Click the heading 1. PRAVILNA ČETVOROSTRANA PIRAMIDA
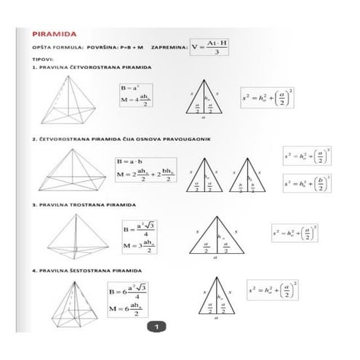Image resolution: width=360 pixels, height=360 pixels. point(91,67)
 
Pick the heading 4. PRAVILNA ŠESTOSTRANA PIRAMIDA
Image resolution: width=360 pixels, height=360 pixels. point(86,271)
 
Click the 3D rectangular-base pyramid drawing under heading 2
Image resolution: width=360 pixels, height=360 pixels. point(71,172)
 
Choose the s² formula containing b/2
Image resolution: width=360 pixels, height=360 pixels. point(307,184)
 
